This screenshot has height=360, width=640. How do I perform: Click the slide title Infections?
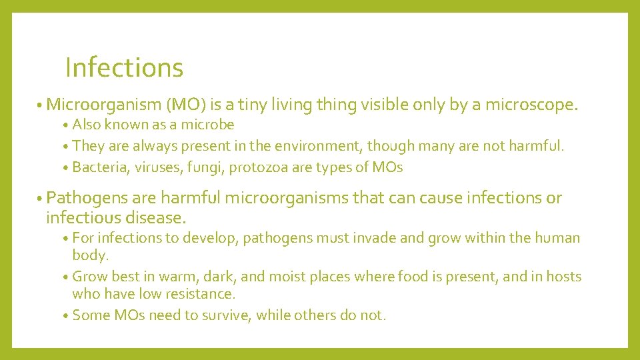pos(124,67)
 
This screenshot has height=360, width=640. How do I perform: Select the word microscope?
pos(531,105)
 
